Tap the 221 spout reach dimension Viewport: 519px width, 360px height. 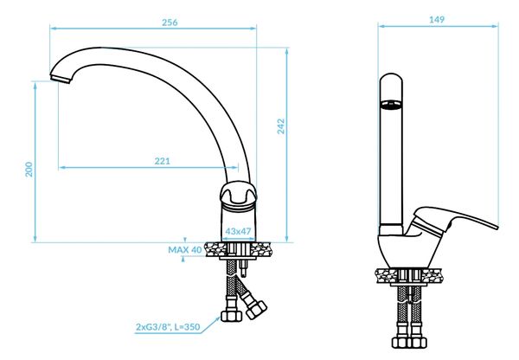[162, 161]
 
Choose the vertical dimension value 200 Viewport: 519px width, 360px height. [29, 170]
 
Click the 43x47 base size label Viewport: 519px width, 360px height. [238, 231]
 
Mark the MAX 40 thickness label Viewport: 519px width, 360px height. [184, 249]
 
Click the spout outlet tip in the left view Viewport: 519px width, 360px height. [58, 80]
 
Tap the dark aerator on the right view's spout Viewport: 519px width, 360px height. [390, 106]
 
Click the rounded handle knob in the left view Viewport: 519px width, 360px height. [238, 197]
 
